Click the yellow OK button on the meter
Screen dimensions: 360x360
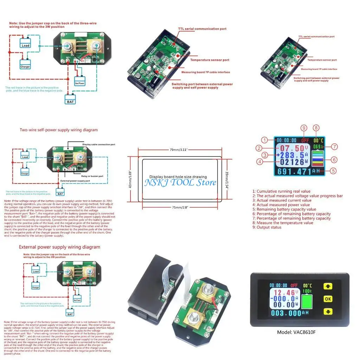pos(328,299)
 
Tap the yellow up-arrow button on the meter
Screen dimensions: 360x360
pos(328,286)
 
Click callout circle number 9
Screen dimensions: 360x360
pos(304,128)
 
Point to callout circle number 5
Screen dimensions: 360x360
pos(333,171)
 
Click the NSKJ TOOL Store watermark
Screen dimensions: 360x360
pos(180,182)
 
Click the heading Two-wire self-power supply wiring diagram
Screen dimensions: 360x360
pos(59,130)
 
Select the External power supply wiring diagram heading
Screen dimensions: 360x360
pos(59,247)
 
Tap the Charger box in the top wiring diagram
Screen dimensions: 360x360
pos(25,66)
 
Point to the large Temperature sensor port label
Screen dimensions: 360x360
pos(210,60)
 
